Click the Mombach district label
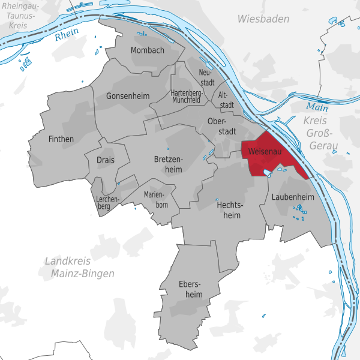pyautogui.click(x=147, y=50)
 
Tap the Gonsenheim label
pyautogui.click(x=127, y=96)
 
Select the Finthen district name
pyautogui.click(x=61, y=139)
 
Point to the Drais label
pyautogui.click(x=106, y=160)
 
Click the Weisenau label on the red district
pyautogui.click(x=265, y=151)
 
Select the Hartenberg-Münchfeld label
pyautogui.click(x=185, y=97)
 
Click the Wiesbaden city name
pyautogui.click(x=263, y=19)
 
